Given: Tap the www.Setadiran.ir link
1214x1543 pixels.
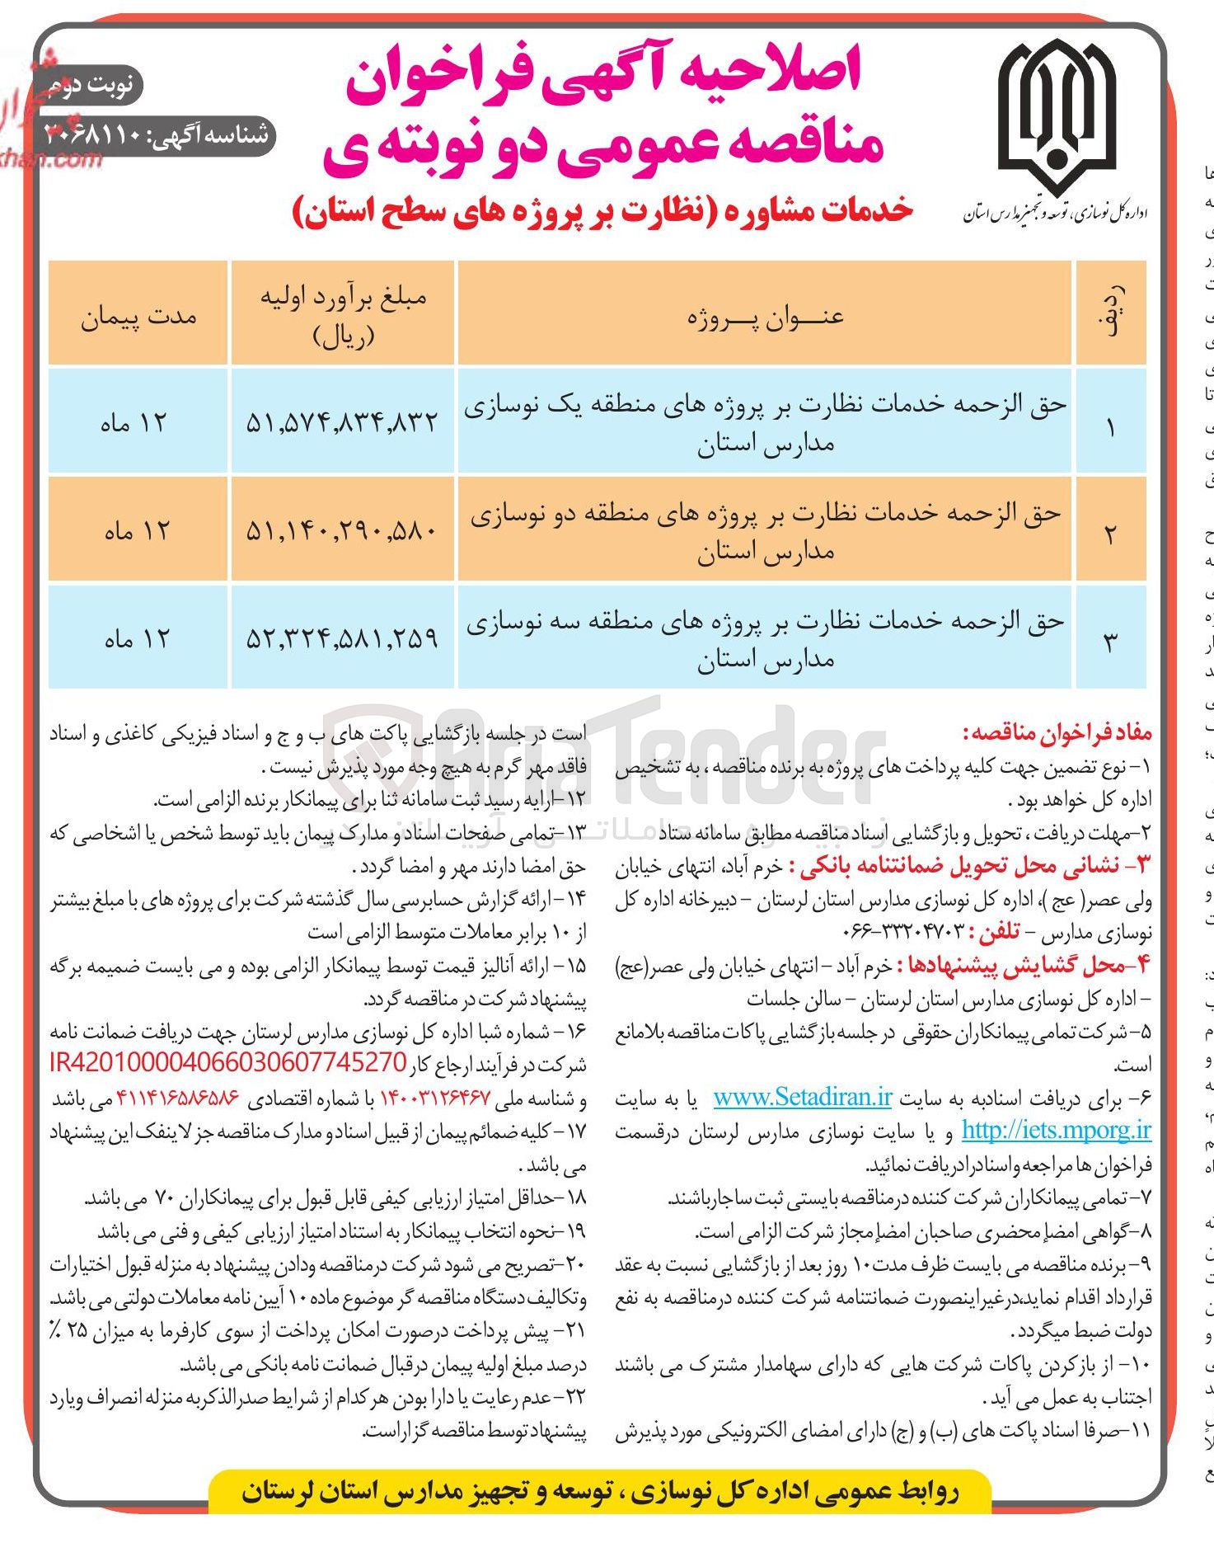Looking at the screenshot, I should click(x=803, y=1098).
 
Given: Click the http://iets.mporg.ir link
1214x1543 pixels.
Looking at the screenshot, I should click(x=1056, y=1131).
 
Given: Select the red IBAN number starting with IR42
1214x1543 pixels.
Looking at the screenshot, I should click(x=228, y=1064).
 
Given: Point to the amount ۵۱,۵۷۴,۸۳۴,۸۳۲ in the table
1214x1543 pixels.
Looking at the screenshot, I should click(x=342, y=423).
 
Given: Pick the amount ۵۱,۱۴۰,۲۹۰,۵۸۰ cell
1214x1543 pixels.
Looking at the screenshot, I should click(x=342, y=530).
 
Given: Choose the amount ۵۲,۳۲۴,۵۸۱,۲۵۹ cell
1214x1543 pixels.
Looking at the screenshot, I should click(x=342, y=638).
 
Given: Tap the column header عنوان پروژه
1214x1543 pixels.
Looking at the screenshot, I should click(x=766, y=318).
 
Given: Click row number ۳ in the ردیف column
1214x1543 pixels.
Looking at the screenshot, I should click(x=1109, y=641).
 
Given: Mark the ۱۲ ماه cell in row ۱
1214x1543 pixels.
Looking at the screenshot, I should click(x=134, y=423).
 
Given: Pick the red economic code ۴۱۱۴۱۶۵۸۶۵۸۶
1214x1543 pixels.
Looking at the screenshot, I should click(x=177, y=1098).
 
